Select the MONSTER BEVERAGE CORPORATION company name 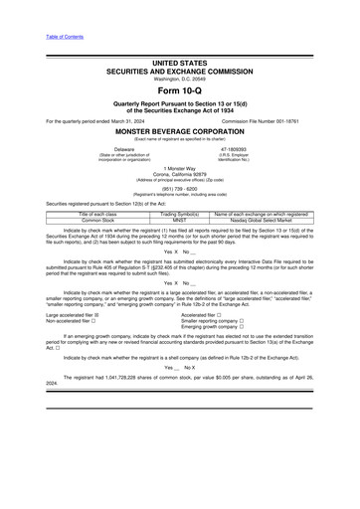(x=179, y=131)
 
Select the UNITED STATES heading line (x=179, y=63)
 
